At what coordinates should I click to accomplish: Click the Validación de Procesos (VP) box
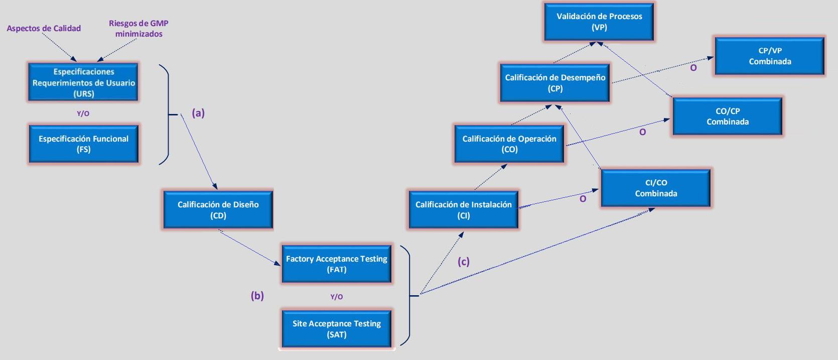click(599, 22)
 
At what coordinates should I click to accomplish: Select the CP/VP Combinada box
click(770, 56)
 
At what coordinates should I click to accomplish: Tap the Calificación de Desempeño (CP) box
click(555, 83)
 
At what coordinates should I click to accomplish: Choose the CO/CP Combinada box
click(728, 116)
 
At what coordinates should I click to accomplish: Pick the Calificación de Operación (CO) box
click(509, 144)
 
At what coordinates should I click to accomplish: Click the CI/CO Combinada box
click(656, 188)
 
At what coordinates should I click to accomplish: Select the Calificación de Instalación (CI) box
click(464, 210)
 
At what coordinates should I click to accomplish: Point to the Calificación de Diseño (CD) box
click(218, 210)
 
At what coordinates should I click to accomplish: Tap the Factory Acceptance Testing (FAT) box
click(337, 264)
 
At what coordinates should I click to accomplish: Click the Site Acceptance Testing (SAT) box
click(337, 329)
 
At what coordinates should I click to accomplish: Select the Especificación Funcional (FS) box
click(84, 144)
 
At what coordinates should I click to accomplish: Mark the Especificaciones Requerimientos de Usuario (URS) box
click(84, 82)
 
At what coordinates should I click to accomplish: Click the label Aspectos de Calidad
click(44, 29)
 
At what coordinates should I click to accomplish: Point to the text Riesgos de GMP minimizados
click(138, 29)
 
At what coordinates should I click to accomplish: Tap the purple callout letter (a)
click(198, 113)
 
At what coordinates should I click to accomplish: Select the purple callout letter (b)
click(257, 296)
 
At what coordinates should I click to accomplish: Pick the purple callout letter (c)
click(463, 262)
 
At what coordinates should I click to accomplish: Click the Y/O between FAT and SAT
click(337, 297)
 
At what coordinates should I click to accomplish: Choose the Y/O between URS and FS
click(83, 113)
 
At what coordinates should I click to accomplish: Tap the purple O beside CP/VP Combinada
click(693, 68)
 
